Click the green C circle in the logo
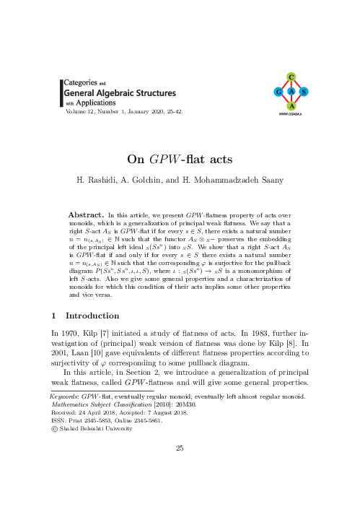point(290,77)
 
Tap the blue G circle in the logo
point(278,92)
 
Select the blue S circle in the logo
point(304,92)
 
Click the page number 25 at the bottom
point(180,448)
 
